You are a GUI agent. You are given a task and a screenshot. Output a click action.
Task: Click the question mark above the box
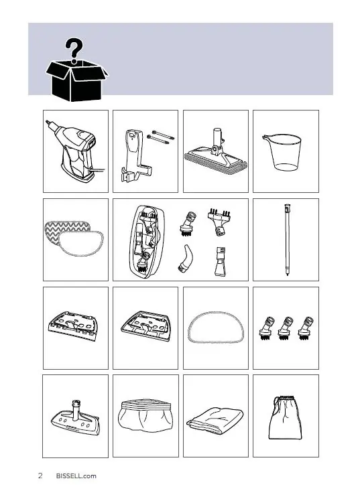point(74,50)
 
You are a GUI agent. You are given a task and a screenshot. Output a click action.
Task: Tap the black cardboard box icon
point(76,80)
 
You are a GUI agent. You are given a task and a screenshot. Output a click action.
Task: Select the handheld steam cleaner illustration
point(76,151)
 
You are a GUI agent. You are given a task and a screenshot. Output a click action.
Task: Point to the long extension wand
point(287,240)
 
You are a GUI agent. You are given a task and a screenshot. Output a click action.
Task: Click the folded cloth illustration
point(215,420)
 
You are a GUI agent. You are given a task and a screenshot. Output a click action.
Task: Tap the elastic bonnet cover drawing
point(145,415)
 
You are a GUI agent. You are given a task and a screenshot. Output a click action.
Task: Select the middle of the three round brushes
point(286,328)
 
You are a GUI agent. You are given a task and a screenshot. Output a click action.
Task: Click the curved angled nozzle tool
point(186,259)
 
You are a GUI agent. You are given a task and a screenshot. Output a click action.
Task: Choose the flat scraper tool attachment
point(221,261)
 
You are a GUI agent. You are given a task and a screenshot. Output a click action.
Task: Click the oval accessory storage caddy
point(147,242)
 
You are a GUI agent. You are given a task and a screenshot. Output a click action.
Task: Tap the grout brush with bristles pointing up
point(219,222)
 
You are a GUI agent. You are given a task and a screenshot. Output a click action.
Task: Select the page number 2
point(40,476)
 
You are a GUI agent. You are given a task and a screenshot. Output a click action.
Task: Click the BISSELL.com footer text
point(76,476)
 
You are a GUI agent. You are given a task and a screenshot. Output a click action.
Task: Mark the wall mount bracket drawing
point(135,155)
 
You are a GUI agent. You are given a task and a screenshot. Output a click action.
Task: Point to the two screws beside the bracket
point(161,137)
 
